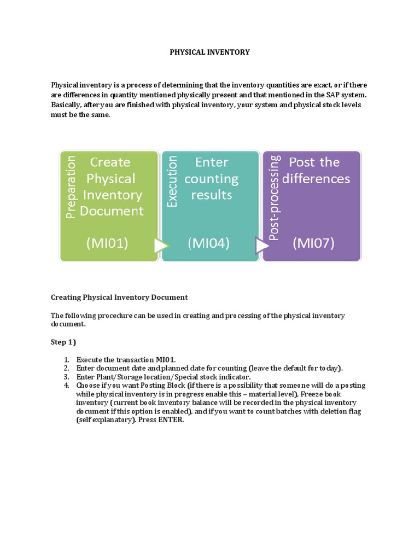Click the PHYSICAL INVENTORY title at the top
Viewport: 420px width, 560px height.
click(x=209, y=52)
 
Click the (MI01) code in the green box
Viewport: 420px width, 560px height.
click(x=107, y=243)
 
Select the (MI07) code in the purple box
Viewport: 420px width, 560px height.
click(x=314, y=243)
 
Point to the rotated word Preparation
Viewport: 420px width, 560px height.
click(x=70, y=186)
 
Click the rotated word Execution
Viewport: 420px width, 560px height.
click(x=173, y=181)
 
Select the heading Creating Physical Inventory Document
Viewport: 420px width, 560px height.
click(x=119, y=297)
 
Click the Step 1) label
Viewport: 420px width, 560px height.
click(x=63, y=342)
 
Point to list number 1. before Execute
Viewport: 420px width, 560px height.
click(x=66, y=359)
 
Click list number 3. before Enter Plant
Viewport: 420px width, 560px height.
click(x=66, y=377)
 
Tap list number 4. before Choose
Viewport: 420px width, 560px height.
click(x=66, y=386)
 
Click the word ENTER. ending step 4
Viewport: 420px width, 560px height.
click(x=172, y=421)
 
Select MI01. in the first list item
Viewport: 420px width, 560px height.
click(x=166, y=359)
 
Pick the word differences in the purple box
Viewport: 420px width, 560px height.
click(x=319, y=179)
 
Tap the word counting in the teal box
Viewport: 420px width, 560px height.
click(x=211, y=179)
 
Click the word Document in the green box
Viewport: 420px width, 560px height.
click(x=112, y=211)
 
